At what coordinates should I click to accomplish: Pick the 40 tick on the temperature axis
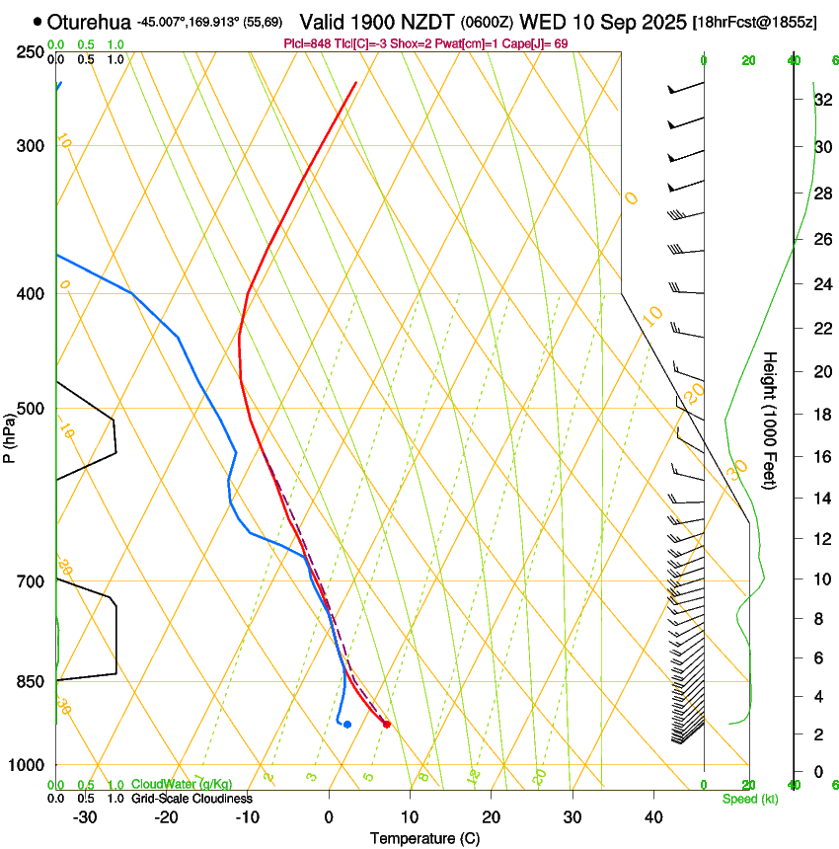click(x=653, y=816)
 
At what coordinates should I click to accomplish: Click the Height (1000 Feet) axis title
click(x=771, y=419)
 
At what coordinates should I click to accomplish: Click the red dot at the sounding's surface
click(x=386, y=725)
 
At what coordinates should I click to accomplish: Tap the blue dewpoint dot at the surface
click(x=346, y=725)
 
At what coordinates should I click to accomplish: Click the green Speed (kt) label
click(x=749, y=799)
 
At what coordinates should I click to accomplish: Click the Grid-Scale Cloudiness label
click(x=191, y=798)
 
